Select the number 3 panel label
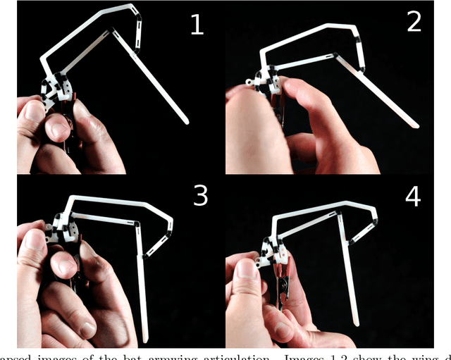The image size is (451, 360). coord(200,195)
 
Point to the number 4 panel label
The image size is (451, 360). coord(413,195)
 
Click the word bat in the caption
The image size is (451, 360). coord(136,355)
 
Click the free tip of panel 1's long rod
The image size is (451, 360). coord(186,122)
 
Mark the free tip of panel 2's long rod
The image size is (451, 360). coord(415,126)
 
